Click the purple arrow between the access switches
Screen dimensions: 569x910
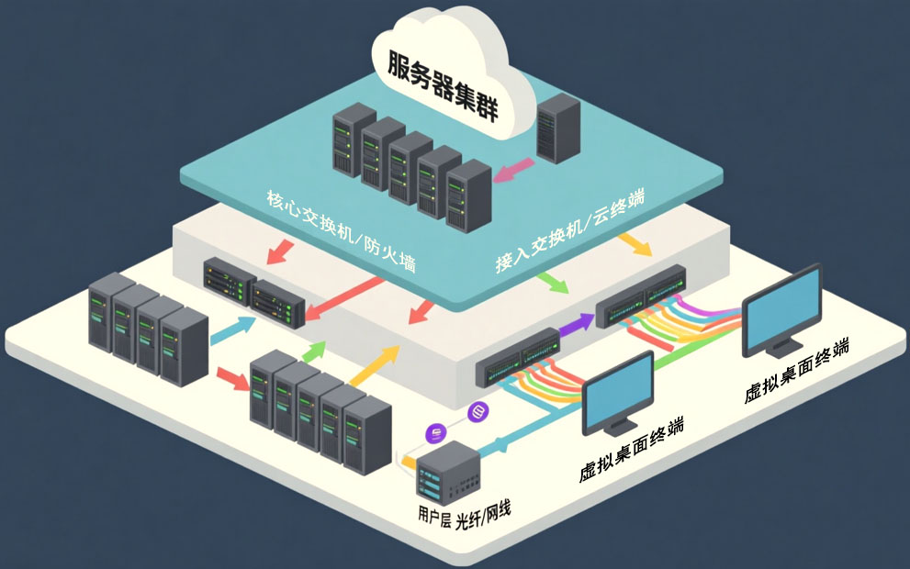(x=577, y=321)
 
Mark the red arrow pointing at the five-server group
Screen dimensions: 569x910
(x=233, y=377)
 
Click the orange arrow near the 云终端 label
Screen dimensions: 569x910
(x=635, y=244)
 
